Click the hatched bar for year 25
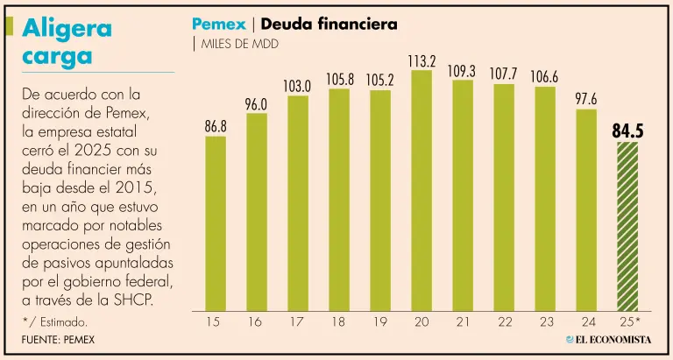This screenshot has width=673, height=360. [x=627, y=225]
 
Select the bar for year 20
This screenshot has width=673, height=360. [x=422, y=189]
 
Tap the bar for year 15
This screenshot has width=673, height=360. [x=216, y=223]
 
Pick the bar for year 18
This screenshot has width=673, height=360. [x=339, y=199]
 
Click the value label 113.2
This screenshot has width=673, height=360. [x=422, y=61]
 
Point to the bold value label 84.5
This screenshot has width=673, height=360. [x=627, y=131]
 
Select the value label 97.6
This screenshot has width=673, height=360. [x=586, y=99]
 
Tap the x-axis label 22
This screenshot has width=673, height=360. [x=504, y=321]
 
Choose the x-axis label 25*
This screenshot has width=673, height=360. [x=630, y=321]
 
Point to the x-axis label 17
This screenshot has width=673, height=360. [x=298, y=321]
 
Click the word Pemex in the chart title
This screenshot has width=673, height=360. [x=218, y=25]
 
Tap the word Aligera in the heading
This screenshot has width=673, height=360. [x=67, y=28]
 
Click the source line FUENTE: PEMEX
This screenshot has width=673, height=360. [x=58, y=339]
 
